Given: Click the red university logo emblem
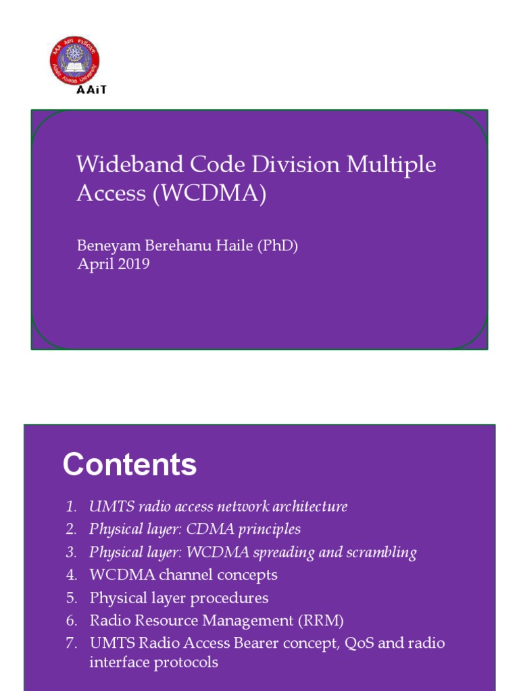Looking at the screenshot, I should (75, 61).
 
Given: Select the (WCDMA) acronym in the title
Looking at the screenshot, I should (209, 194).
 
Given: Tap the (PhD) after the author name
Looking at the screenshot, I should (277, 246).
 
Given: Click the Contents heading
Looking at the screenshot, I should (130, 465).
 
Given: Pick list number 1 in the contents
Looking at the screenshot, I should (72, 507).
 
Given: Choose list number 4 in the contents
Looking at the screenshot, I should (72, 575).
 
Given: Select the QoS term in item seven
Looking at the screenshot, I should (360, 643).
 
